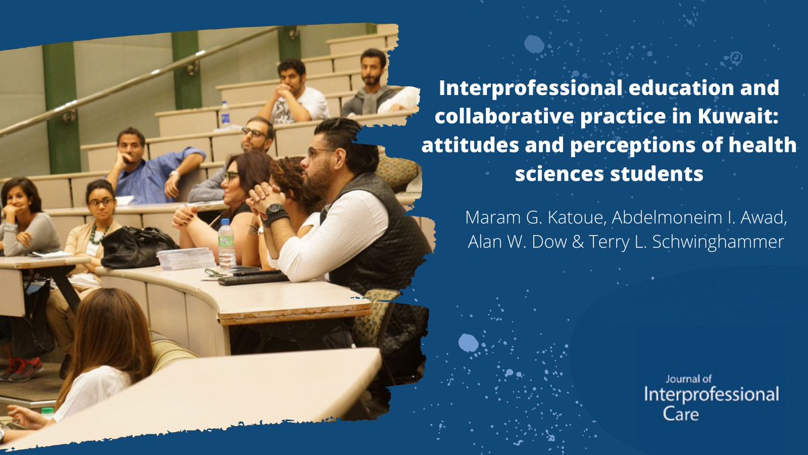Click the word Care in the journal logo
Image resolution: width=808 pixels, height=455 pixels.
[681, 414]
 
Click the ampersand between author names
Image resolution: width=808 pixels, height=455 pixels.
[578, 242]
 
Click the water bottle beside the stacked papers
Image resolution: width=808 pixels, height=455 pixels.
[226, 245]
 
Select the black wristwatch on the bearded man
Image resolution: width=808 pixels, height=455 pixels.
[275, 210]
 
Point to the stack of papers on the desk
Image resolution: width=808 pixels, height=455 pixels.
[185, 259]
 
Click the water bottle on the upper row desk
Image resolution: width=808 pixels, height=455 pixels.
[225, 113]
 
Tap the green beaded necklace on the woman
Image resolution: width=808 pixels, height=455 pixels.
[98, 235]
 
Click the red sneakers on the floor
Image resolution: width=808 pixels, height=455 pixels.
[22, 369]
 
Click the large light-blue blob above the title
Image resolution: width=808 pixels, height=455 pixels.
[534, 44]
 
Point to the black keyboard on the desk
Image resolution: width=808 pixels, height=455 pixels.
[253, 278]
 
